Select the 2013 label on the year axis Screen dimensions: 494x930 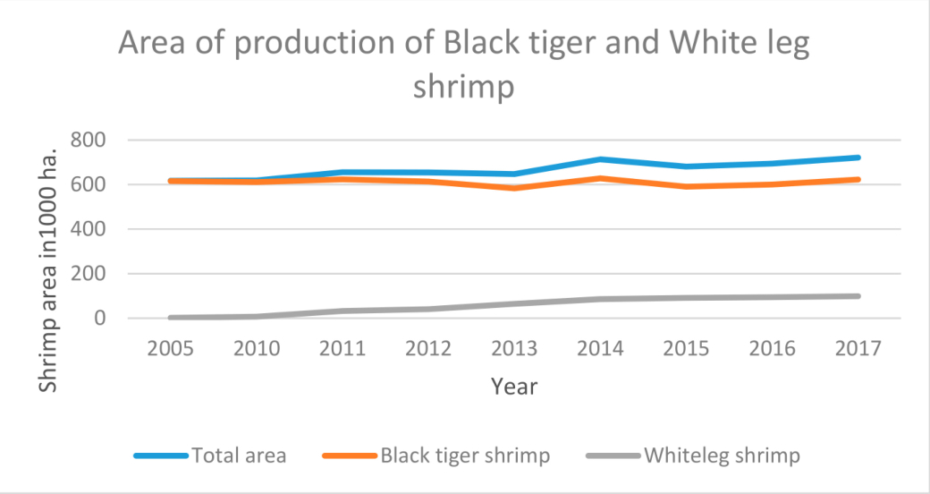click(x=514, y=349)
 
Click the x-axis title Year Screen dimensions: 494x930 click(x=514, y=387)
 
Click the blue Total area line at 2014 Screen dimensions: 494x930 click(x=600, y=159)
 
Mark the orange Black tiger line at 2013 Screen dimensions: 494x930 click(x=514, y=188)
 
